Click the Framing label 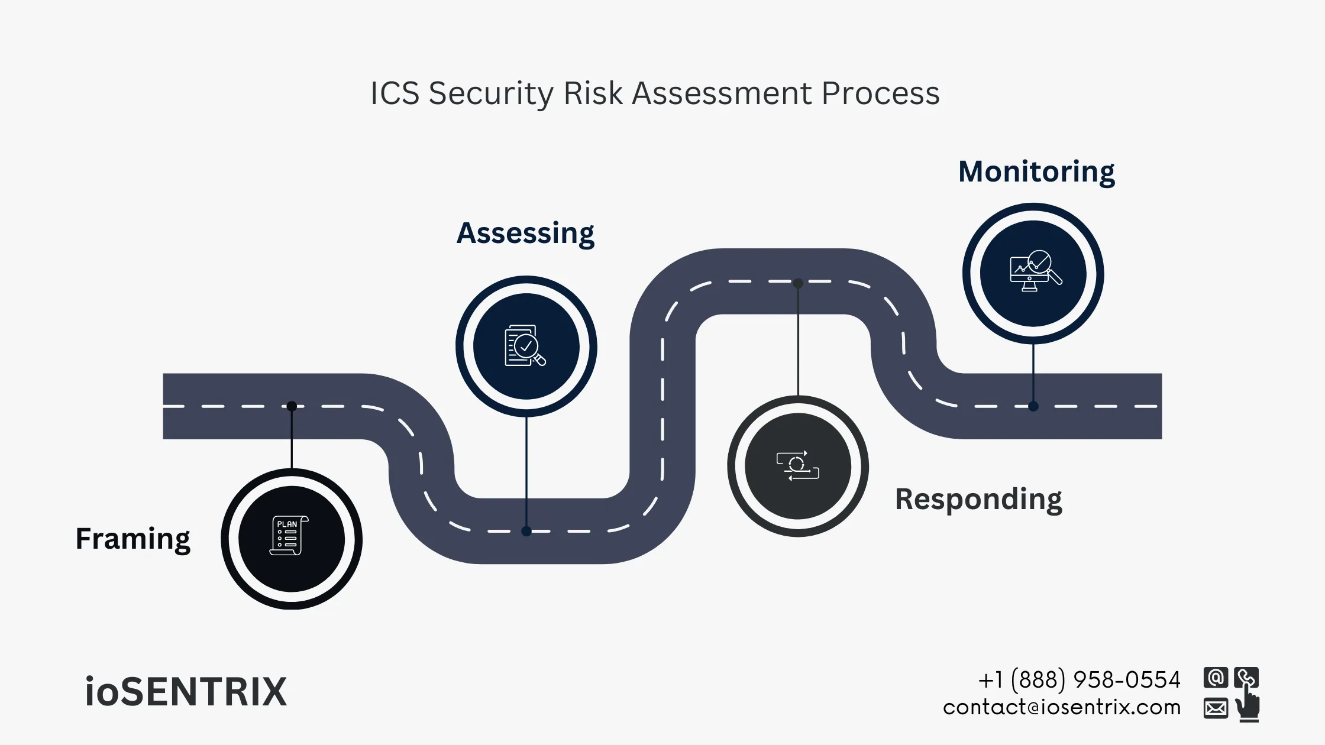click(133, 539)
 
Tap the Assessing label click(525, 233)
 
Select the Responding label click(978, 499)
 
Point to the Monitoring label click(1036, 171)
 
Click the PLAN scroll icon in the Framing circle click(289, 536)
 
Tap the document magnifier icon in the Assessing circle click(525, 346)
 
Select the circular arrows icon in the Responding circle click(797, 466)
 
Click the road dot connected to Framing click(292, 406)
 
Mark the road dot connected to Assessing click(526, 531)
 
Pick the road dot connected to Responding click(798, 283)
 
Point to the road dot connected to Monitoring click(1033, 406)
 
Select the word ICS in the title click(395, 93)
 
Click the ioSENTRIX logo click(186, 692)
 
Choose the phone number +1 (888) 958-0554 click(1079, 680)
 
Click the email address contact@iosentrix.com click(1062, 707)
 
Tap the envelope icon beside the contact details click(1216, 708)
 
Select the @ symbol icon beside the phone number click(1216, 678)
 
